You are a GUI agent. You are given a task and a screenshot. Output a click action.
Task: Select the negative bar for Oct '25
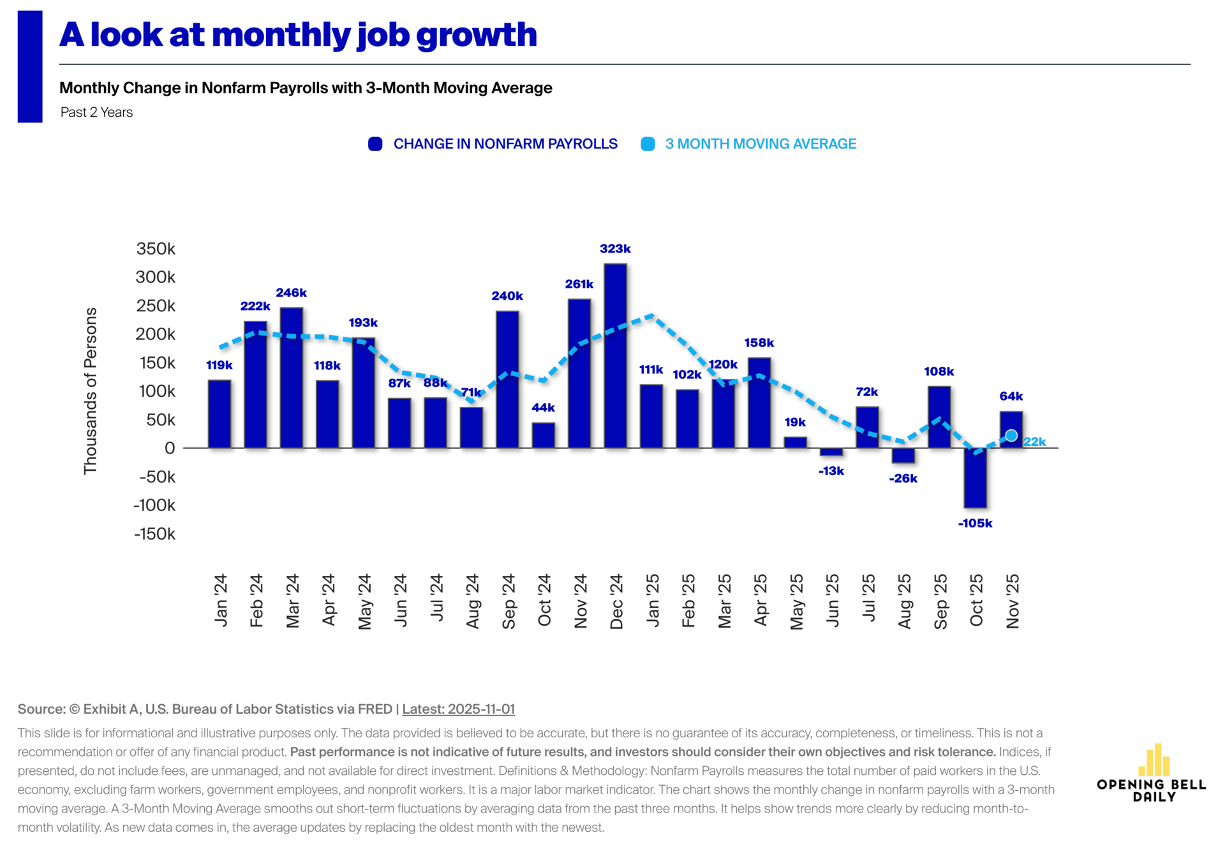pyautogui.click(x=975, y=478)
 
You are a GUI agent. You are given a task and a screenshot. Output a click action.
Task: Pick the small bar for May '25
pyautogui.click(x=795, y=443)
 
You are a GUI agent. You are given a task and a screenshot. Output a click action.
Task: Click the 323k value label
pyautogui.click(x=615, y=249)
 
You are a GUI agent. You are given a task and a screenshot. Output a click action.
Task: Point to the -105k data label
pyautogui.click(x=975, y=524)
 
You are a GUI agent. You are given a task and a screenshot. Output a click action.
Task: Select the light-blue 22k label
pyautogui.click(x=1035, y=441)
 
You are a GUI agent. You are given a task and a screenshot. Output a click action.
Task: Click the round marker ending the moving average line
pyautogui.click(x=1011, y=436)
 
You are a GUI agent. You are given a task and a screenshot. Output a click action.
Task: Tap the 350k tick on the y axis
pyautogui.click(x=156, y=249)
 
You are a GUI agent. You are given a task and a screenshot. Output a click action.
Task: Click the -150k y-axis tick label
pyautogui.click(x=154, y=534)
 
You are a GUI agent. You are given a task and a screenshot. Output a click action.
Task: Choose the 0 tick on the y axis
pyautogui.click(x=170, y=448)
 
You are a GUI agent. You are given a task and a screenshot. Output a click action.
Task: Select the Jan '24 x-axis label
pyautogui.click(x=221, y=600)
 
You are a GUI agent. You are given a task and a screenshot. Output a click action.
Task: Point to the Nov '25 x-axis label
pyautogui.click(x=1013, y=601)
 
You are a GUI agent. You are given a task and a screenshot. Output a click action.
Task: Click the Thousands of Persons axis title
pyautogui.click(x=91, y=390)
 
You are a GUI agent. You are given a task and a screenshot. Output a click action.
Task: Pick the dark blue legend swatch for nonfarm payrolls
pyautogui.click(x=375, y=144)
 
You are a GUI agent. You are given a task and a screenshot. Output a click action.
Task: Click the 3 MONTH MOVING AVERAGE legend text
pyautogui.click(x=761, y=144)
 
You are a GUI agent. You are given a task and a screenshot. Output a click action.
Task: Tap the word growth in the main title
pyautogui.click(x=477, y=35)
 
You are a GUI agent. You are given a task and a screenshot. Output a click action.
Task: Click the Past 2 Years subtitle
pyautogui.click(x=97, y=112)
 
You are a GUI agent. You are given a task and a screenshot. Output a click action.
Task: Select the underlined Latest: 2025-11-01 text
pyautogui.click(x=458, y=709)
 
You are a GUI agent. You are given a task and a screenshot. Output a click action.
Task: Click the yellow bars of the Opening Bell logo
pyautogui.click(x=1154, y=760)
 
